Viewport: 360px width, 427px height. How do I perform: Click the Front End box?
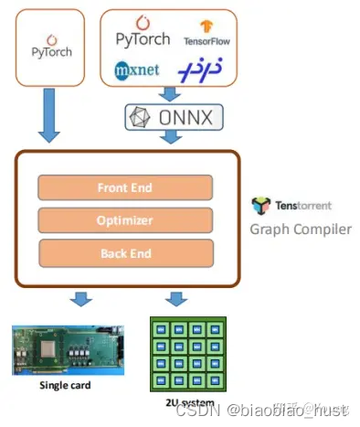(x=124, y=187)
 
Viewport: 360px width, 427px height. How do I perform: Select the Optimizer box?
(x=124, y=219)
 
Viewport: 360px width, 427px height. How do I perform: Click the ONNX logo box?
(x=174, y=118)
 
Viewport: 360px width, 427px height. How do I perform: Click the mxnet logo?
(x=138, y=69)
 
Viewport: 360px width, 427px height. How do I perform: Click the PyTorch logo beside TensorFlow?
(x=144, y=34)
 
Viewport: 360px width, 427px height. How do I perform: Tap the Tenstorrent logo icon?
(x=261, y=206)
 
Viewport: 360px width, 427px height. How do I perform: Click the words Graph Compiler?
(x=301, y=229)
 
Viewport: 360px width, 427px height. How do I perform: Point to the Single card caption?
(x=64, y=385)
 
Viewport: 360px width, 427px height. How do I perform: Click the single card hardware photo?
(x=63, y=347)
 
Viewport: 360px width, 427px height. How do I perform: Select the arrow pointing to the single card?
(x=80, y=298)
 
